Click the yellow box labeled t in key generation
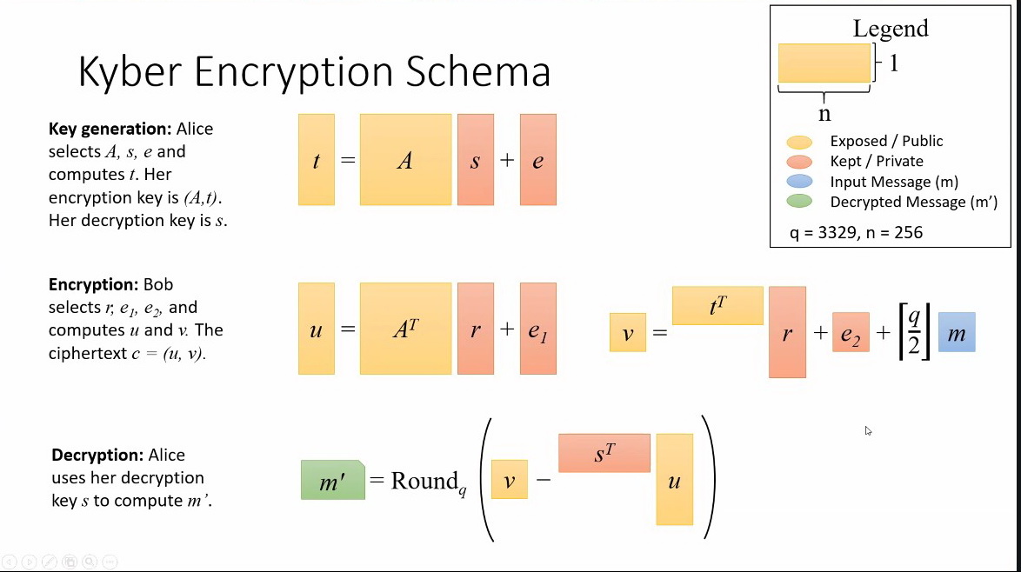pyautogui.click(x=316, y=160)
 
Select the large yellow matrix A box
pyautogui.click(x=405, y=160)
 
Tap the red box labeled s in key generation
pyautogui.click(x=475, y=160)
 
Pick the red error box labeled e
pyautogui.click(x=537, y=160)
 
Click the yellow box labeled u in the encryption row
pyautogui.click(x=316, y=329)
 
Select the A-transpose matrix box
pyautogui.click(x=405, y=329)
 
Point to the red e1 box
pyautogui.click(x=537, y=329)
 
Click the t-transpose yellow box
pyautogui.click(x=717, y=305)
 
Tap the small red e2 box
pyautogui.click(x=850, y=332)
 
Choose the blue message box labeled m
pyautogui.click(x=957, y=332)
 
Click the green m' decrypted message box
pyautogui.click(x=332, y=480)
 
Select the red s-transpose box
pyautogui.click(x=604, y=453)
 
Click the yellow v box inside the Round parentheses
pyautogui.click(x=509, y=479)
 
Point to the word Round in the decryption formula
pyautogui.click(x=424, y=481)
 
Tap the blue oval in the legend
pyautogui.click(x=797, y=182)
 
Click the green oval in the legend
pyautogui.click(x=797, y=202)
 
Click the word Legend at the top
pyautogui.click(x=891, y=29)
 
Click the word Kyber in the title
pyautogui.click(x=130, y=72)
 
